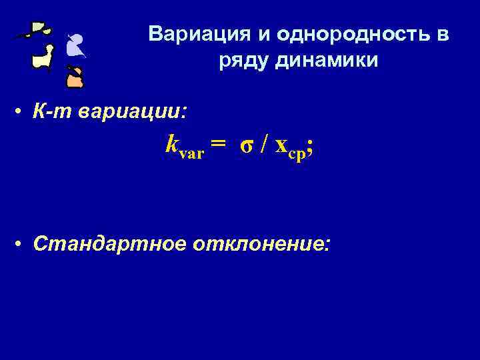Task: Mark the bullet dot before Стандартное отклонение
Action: click(23, 245)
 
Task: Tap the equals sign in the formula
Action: click(217, 145)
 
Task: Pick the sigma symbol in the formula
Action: click(246, 145)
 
